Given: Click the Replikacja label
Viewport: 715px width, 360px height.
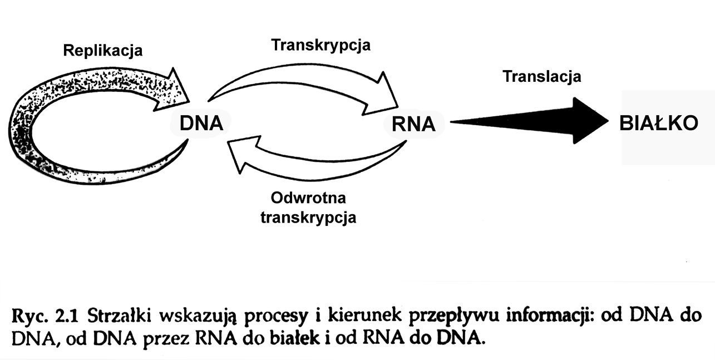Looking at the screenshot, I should [102, 51].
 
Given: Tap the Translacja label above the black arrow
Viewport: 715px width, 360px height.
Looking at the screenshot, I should [541, 76].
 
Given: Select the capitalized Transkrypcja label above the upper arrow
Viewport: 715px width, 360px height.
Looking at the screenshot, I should [320, 45].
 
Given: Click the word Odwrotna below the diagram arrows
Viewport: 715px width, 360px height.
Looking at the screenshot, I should [308, 199].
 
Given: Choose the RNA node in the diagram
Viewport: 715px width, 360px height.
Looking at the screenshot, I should [413, 124].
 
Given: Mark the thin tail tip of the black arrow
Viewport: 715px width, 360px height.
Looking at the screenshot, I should [453, 121].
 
